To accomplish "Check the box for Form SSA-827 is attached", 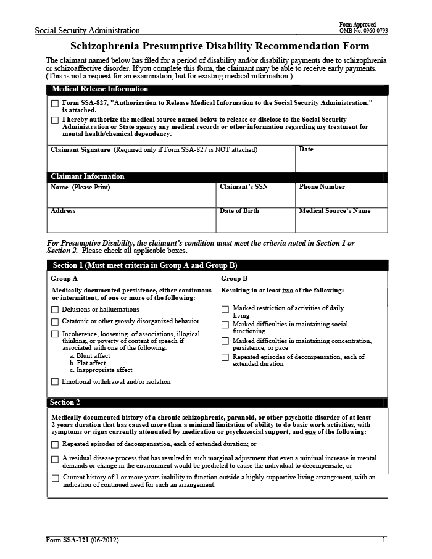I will pos(55,103).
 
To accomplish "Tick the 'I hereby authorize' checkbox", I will pos(55,120).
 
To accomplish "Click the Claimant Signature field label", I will pos(80,150).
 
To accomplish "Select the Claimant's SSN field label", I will pos(244,187).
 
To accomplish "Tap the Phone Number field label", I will pos(322,187).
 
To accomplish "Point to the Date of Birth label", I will pos(239,211).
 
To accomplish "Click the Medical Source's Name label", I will pos(335,211).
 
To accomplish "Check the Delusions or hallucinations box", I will pos(55,310).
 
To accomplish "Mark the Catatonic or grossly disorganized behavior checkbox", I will pos(55,322).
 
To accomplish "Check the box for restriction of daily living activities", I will pos(225,309).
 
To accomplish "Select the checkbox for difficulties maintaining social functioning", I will pos(225,325).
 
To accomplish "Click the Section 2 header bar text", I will pos(65,403).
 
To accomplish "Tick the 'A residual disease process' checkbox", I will pos(56,460).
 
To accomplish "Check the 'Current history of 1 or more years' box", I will pos(56,478).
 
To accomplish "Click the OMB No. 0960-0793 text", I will pos(363,31).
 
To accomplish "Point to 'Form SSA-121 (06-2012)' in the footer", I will pos(82,540).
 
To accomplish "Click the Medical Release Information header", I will pos(91,89).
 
